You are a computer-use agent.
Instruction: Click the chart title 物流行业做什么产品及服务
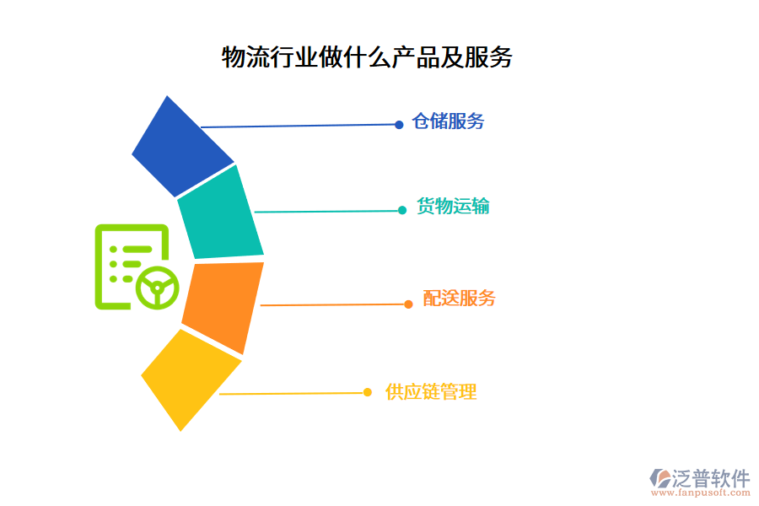point(367,57)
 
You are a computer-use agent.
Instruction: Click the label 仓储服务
point(448,121)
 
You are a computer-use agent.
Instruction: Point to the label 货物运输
point(453,207)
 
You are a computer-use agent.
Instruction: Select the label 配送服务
point(459,299)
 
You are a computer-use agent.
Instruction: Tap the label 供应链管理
point(431,392)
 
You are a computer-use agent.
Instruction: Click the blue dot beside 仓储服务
point(399,125)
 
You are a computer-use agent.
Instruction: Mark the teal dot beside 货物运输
point(402,210)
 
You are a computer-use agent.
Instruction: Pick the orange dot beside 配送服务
point(408,304)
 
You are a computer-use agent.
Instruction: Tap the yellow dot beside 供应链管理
point(368,392)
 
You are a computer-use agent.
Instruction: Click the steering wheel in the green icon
point(157,287)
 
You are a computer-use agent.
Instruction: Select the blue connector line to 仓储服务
point(299,126)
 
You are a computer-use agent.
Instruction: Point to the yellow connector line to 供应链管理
point(291,393)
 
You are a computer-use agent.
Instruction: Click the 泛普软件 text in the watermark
point(710,478)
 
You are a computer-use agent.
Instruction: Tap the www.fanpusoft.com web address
point(699,493)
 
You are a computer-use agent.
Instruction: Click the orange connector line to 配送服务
point(333,304)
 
